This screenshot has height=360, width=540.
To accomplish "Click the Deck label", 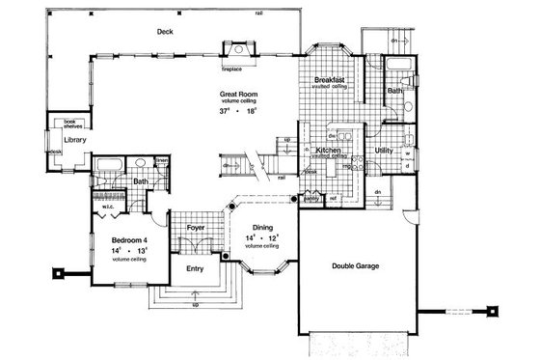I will [166, 31].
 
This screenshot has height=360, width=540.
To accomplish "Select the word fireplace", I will [231, 69].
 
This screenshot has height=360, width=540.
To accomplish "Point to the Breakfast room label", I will [330, 79].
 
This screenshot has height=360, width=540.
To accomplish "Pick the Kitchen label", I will [325, 151].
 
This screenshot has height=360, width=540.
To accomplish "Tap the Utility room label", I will [383, 151].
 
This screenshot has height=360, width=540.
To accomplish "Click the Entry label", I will [197, 269].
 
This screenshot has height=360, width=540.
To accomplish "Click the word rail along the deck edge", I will [260, 13].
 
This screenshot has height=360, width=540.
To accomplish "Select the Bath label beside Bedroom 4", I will [141, 181].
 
